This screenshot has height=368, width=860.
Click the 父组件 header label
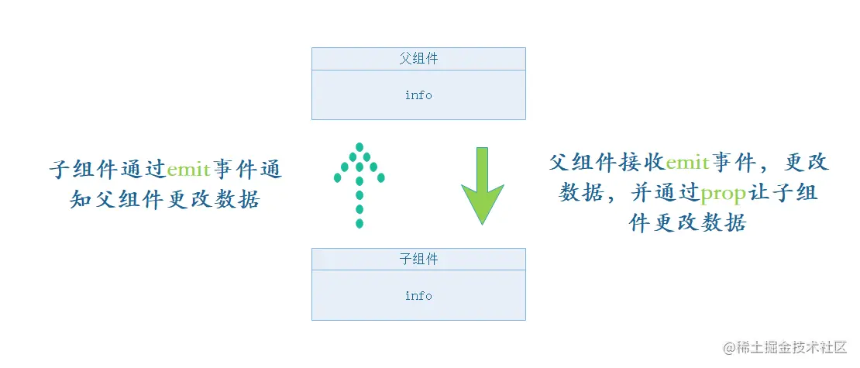[418, 59]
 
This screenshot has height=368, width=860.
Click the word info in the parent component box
[418, 95]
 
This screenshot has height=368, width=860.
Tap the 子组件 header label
[418, 260]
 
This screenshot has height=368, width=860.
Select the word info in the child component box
[418, 296]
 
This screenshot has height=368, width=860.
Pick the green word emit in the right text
[687, 163]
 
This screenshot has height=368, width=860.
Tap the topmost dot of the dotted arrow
[359, 146]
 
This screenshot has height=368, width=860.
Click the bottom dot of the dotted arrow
[359, 223]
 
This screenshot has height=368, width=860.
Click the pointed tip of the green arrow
[482, 223]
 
